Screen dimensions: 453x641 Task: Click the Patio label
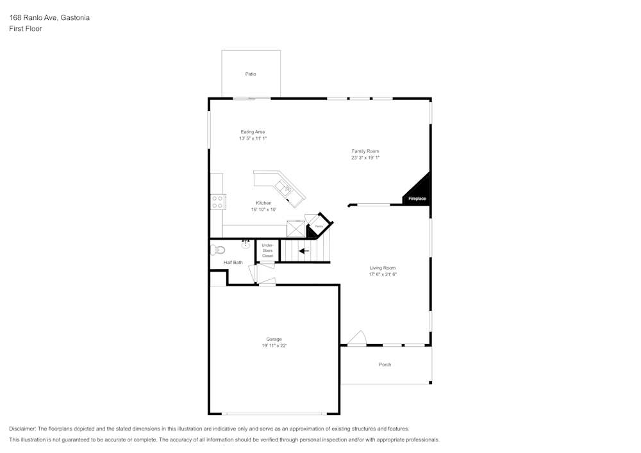tap(251, 74)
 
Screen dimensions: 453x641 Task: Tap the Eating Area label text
tap(253, 132)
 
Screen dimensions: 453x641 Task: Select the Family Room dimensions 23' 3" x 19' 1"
tap(365, 158)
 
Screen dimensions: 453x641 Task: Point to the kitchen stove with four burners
tap(218, 202)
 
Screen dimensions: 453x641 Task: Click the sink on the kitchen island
tap(283, 188)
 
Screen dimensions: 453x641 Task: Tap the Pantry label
tap(319, 226)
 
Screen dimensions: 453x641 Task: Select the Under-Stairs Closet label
tap(267, 251)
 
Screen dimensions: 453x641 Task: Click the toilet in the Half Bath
tap(218, 250)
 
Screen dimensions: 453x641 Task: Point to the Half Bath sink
tap(246, 244)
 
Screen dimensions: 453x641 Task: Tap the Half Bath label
tap(233, 263)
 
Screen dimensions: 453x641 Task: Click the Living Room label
tap(382, 268)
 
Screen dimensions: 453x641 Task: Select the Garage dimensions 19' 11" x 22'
tap(274, 346)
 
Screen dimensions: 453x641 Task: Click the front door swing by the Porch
tap(356, 338)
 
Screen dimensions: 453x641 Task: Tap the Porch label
tap(385, 365)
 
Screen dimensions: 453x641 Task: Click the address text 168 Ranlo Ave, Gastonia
tap(49, 18)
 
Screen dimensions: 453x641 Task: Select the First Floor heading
tap(26, 29)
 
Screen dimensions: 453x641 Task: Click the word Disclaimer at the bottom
tap(22, 429)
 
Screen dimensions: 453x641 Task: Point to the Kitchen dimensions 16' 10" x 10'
tap(263, 210)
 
